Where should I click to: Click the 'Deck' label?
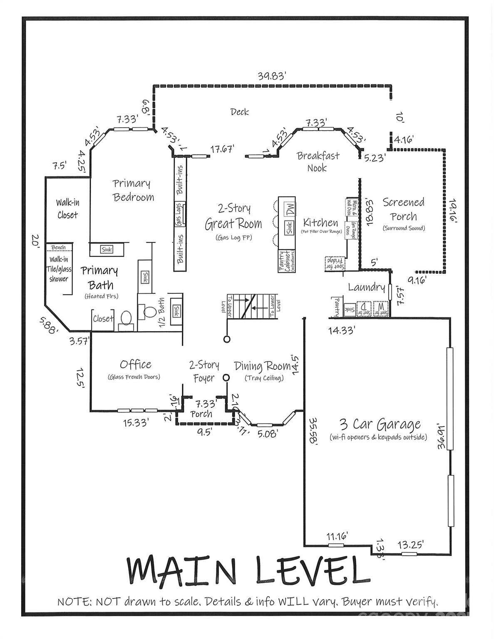pos(240,111)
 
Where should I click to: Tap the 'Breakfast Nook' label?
pos(318,161)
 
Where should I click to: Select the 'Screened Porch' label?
pos(404,209)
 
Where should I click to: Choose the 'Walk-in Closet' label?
pos(67,209)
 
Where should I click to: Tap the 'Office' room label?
pos(135,364)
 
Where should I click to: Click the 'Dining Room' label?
pos(263,367)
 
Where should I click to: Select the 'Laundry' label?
pos(366,287)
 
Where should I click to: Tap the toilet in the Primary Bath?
pos(125,319)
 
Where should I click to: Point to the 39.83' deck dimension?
pos(271,76)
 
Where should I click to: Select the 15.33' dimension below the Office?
pos(136,423)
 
